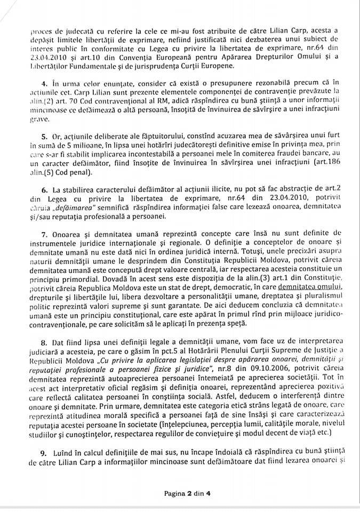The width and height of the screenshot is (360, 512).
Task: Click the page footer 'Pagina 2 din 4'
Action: click(x=188, y=493)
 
